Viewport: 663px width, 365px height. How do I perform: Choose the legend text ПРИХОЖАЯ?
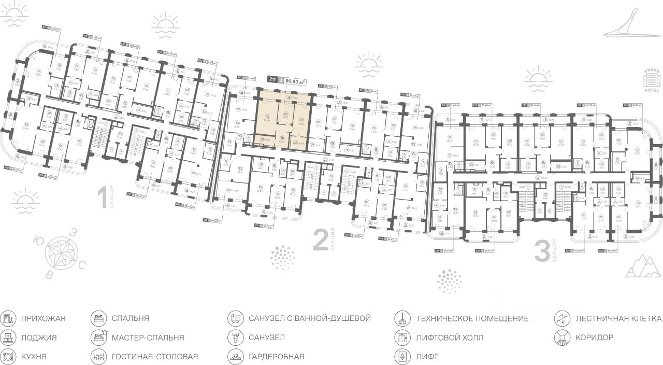(44, 318)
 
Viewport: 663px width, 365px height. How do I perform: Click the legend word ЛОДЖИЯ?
(39, 338)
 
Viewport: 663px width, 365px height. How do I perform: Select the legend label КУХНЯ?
(34, 357)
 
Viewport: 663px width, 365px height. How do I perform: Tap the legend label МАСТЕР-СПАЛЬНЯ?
(148, 338)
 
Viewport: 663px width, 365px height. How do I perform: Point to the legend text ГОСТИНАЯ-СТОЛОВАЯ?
(154, 357)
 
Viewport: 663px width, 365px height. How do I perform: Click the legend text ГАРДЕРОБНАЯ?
(276, 357)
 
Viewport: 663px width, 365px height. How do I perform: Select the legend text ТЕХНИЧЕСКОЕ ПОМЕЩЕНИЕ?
(472, 318)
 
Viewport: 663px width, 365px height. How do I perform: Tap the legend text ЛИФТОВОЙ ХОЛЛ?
(449, 338)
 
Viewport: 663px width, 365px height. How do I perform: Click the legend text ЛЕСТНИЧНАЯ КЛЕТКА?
(618, 318)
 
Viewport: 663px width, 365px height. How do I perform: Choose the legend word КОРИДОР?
(594, 338)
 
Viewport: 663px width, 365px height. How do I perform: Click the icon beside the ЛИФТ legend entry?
(401, 357)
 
